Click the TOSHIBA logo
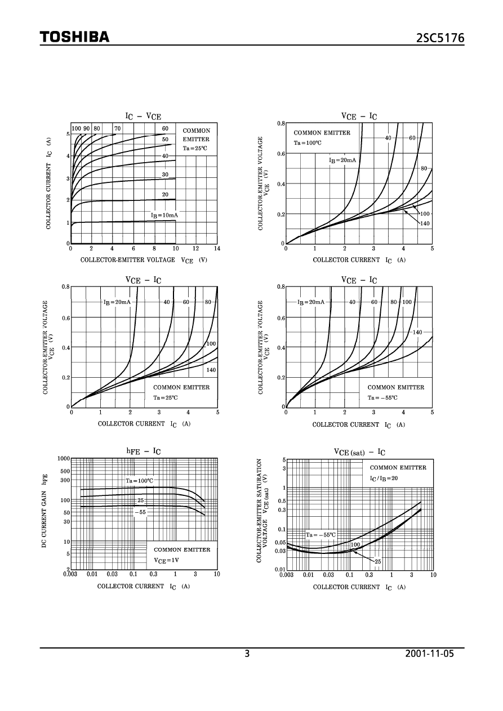pos(74,37)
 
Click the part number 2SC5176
pos(440,38)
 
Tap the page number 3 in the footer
pos(247,654)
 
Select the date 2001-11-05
pos(429,654)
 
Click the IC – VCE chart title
pos(143,116)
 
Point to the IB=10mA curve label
pos(164,216)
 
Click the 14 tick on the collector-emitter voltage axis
pos(217,248)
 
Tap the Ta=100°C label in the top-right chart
pos(308,142)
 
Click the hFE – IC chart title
pos(143,451)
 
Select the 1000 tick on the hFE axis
pos(63,459)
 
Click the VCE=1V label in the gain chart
pos(166,560)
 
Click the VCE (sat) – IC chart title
pos(359,452)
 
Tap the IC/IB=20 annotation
pos(384,478)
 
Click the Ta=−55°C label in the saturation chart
pos(321,535)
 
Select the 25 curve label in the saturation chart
pos(377,561)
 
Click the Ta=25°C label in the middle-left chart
pos(166,397)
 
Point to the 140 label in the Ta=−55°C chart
pos(417,332)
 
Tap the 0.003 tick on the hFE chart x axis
pos(70,574)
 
